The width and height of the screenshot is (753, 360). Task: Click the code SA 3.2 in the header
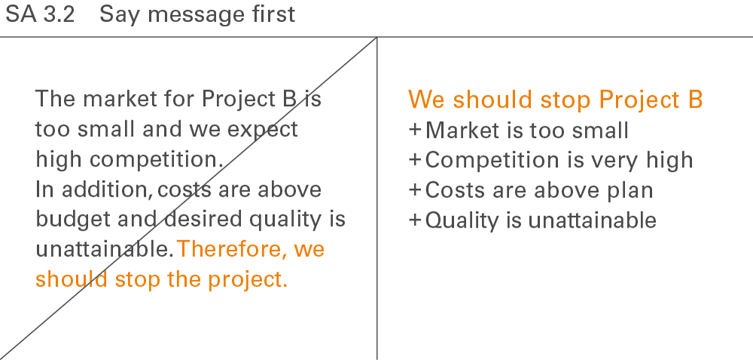(40, 14)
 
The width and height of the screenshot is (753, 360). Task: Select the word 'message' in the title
(197, 15)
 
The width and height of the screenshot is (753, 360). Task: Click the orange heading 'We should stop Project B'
(556, 100)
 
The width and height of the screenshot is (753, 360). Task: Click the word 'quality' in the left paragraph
(285, 219)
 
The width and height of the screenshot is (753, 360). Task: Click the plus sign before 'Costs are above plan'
(415, 190)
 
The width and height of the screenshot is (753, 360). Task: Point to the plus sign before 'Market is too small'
(415, 130)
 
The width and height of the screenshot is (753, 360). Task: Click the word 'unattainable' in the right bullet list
(592, 221)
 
